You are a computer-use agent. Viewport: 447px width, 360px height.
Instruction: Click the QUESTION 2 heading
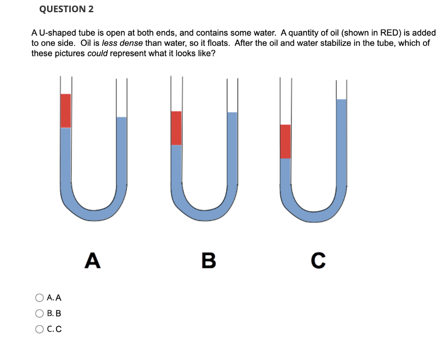tap(66, 9)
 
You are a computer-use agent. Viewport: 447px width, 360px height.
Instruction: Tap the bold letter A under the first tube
tap(92, 261)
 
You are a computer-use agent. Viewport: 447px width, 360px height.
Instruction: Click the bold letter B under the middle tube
tap(209, 261)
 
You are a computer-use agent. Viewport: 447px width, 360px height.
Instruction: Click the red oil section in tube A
tap(66, 111)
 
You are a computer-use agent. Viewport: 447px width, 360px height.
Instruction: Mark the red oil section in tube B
tap(176, 128)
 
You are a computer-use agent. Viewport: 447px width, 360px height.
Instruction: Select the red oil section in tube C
tap(285, 141)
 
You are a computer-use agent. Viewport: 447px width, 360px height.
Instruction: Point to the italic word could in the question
tap(97, 54)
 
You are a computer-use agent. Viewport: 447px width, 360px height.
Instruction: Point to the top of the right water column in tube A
tap(121, 118)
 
